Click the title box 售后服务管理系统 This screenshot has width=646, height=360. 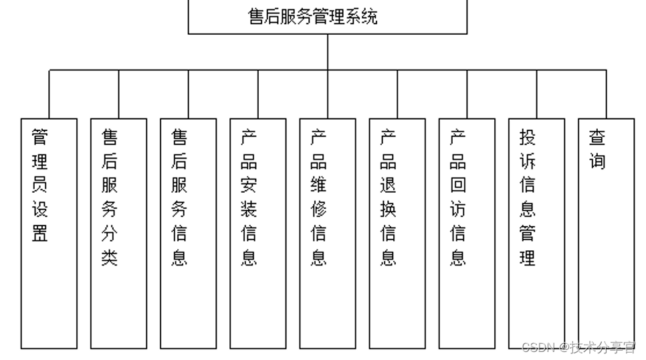point(327,16)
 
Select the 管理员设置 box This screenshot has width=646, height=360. point(49,234)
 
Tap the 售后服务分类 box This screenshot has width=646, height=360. point(118,234)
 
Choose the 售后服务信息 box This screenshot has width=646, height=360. point(188,234)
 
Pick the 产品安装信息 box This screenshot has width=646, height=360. point(257,234)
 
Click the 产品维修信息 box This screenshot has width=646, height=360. point(327,234)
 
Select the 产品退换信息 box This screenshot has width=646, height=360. point(397,234)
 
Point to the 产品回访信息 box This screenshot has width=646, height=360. point(467,234)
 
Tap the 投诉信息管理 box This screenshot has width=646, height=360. point(536,234)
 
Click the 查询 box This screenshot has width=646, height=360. point(606,234)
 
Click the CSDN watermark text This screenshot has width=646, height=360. point(578,347)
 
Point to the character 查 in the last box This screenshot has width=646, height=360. point(597,137)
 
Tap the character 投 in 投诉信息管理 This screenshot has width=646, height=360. point(528,137)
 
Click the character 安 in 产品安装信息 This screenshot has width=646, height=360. point(249,185)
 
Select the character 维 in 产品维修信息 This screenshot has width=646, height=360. point(318,185)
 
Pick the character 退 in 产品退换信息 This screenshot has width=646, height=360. point(388,185)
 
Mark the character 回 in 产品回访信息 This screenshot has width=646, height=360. point(458,185)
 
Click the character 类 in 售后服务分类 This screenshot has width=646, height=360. point(110,258)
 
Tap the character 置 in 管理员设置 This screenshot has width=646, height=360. point(40,234)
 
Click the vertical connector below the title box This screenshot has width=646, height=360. point(328,52)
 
